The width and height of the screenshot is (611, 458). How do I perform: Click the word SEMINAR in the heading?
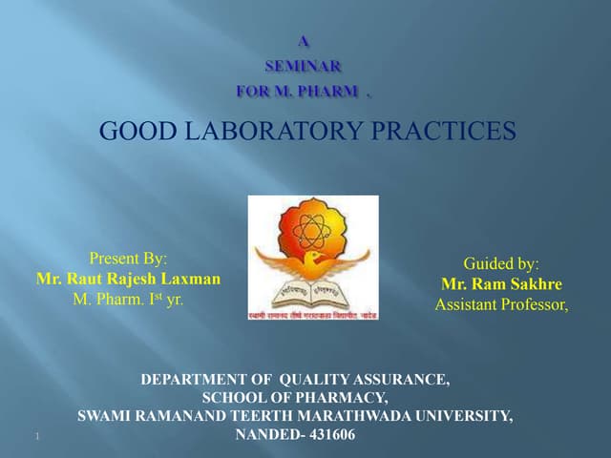point(302,66)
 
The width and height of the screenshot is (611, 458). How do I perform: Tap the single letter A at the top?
point(304,41)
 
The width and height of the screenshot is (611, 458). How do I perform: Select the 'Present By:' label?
point(128,258)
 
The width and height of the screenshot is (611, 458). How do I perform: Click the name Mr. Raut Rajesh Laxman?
point(128,279)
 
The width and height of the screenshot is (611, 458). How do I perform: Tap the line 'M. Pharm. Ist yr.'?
point(128,299)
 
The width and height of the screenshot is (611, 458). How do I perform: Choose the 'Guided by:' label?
point(501,263)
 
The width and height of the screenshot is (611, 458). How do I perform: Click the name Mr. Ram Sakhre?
point(501,284)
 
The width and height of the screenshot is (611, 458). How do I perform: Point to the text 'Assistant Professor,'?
point(501,305)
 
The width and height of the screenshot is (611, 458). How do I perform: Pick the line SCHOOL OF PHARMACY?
point(295,398)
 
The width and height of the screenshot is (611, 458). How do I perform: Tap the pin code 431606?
point(327,434)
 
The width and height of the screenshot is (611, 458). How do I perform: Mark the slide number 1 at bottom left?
point(34,437)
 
